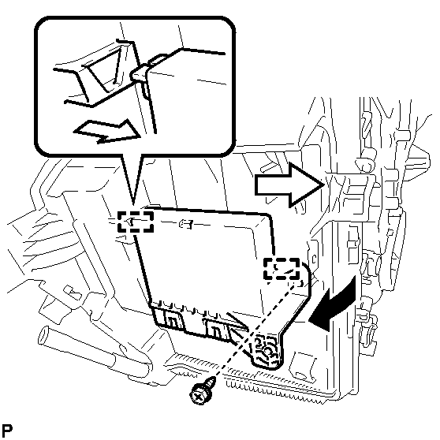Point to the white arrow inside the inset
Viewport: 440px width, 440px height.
point(106,132)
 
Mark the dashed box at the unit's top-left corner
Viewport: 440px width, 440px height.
point(136,222)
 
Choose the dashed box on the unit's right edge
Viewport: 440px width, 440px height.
point(282,269)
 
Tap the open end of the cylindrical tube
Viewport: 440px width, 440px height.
point(44,336)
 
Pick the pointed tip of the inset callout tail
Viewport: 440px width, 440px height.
point(133,204)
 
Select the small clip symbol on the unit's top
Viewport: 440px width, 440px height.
point(186,224)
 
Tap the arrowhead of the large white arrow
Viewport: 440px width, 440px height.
point(307,185)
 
